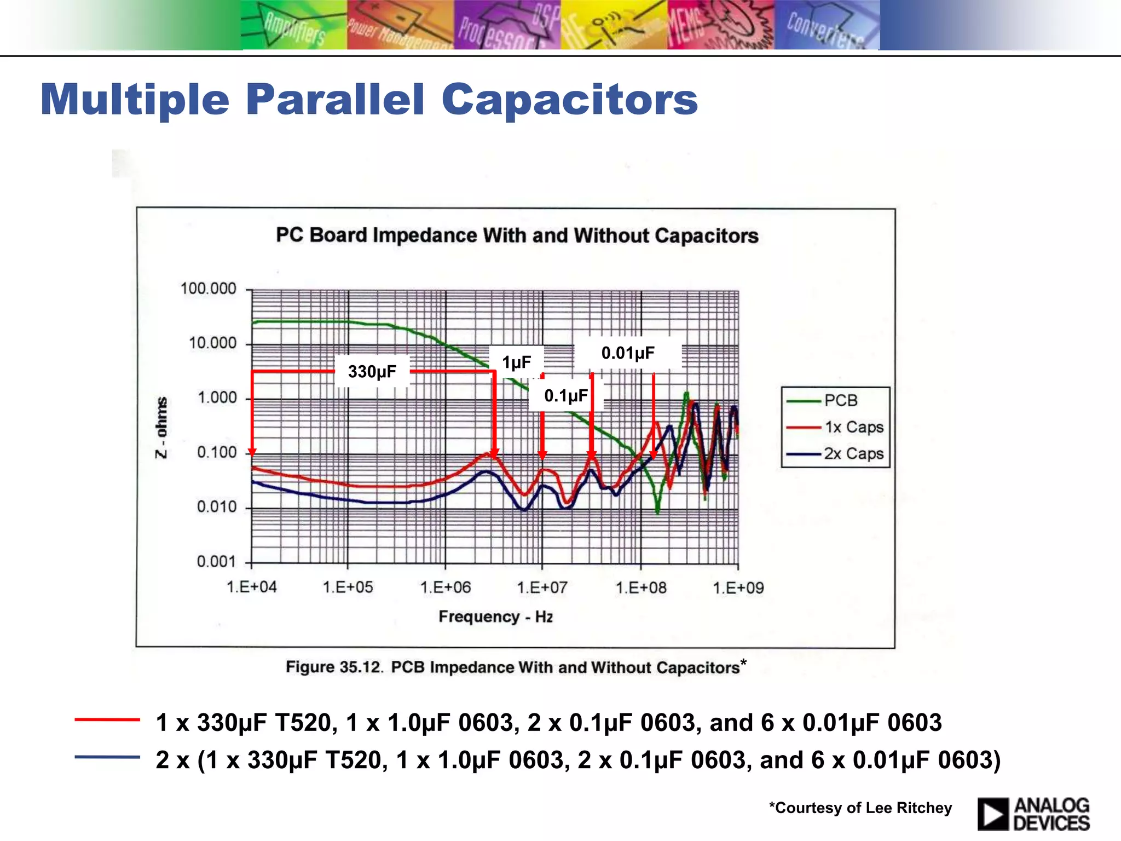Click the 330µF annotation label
(x=372, y=372)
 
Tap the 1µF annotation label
(x=516, y=362)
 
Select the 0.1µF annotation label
(x=565, y=395)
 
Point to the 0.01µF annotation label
(x=628, y=353)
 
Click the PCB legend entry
(x=840, y=400)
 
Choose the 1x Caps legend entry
(x=853, y=427)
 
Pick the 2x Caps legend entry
(x=853, y=454)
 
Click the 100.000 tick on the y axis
(x=209, y=289)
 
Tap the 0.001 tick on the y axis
(x=216, y=561)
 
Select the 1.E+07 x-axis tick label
(x=542, y=587)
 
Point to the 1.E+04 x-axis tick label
(x=251, y=587)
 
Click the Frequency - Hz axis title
(x=495, y=617)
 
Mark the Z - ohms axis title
(x=161, y=427)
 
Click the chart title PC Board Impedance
(x=517, y=235)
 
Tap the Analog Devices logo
(x=1033, y=814)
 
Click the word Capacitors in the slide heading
(x=569, y=100)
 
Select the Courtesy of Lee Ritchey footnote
(x=860, y=808)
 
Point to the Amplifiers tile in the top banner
(x=294, y=26)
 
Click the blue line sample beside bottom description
(x=107, y=757)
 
